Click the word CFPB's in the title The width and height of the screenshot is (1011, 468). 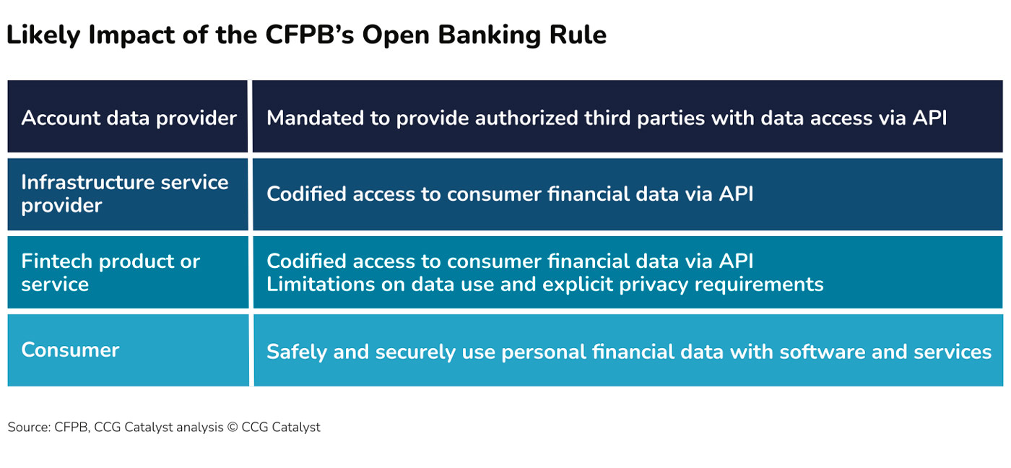[x=310, y=35]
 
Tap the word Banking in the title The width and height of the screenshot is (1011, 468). [x=490, y=35]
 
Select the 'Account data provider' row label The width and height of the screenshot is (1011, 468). [x=129, y=118]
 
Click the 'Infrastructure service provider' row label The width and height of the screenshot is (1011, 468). [x=124, y=194]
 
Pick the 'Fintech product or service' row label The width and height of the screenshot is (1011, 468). [x=110, y=272]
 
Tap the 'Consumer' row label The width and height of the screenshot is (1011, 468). [x=71, y=350]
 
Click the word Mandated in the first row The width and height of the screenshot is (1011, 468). [x=315, y=118]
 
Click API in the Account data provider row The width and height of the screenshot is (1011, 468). [x=930, y=118]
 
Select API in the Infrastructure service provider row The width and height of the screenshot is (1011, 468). [x=736, y=194]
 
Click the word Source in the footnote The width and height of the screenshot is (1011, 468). [x=30, y=427]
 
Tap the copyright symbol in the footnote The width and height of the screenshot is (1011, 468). [x=233, y=427]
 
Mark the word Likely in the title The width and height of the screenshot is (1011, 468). [x=43, y=35]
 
